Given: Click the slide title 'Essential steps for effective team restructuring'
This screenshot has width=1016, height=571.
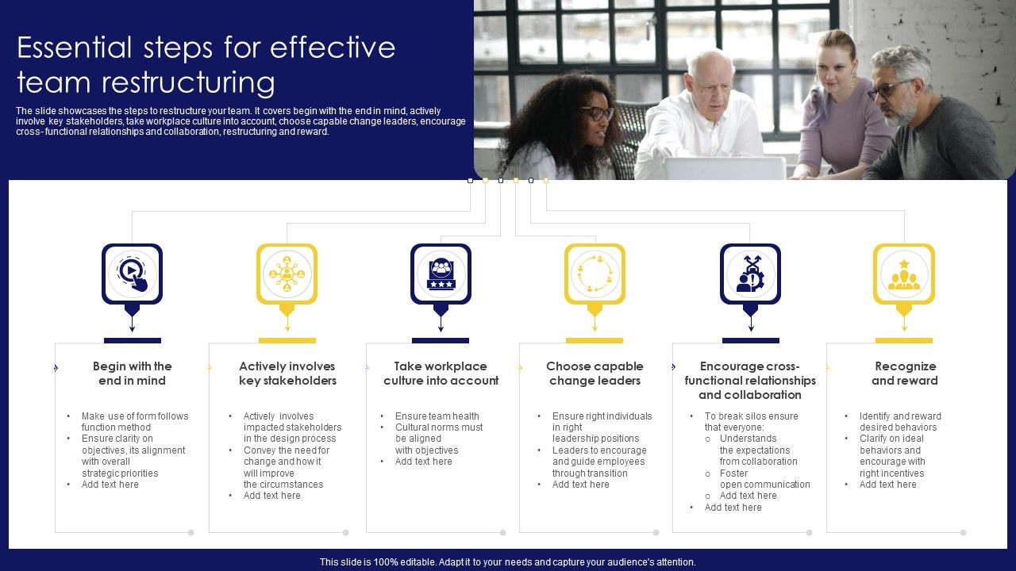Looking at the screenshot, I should point(206,65).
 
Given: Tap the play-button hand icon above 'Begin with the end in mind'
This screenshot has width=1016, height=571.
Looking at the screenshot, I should point(132,273).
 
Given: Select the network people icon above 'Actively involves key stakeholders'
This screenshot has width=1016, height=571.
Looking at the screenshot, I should point(287,274).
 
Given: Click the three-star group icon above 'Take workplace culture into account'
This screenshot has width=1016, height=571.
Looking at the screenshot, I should point(441,274).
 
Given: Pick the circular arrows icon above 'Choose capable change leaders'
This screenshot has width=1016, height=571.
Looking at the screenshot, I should point(595,274).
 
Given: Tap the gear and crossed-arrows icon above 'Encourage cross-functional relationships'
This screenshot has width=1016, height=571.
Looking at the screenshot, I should point(750,274).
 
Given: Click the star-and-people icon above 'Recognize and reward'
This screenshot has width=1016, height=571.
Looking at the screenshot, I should point(904,274).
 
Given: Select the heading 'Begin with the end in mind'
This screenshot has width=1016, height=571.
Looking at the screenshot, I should point(132,374).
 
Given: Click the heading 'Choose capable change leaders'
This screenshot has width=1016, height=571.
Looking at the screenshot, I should point(595,374).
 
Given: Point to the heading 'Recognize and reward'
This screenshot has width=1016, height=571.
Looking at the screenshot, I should point(905,374).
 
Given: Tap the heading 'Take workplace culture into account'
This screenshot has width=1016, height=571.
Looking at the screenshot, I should point(441,374).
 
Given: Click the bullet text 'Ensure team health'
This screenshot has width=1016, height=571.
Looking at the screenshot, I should point(437,416).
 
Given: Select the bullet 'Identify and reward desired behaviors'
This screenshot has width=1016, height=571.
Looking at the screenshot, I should point(899,422).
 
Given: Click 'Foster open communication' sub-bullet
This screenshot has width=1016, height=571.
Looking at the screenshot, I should point(764,479).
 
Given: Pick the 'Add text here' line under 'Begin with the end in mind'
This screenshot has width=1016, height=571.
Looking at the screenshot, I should point(110,485).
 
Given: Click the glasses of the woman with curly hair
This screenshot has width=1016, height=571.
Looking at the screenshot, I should point(598,113).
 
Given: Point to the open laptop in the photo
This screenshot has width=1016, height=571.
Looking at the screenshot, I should point(724,167).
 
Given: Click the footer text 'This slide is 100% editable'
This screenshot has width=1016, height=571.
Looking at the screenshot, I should point(508,562).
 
